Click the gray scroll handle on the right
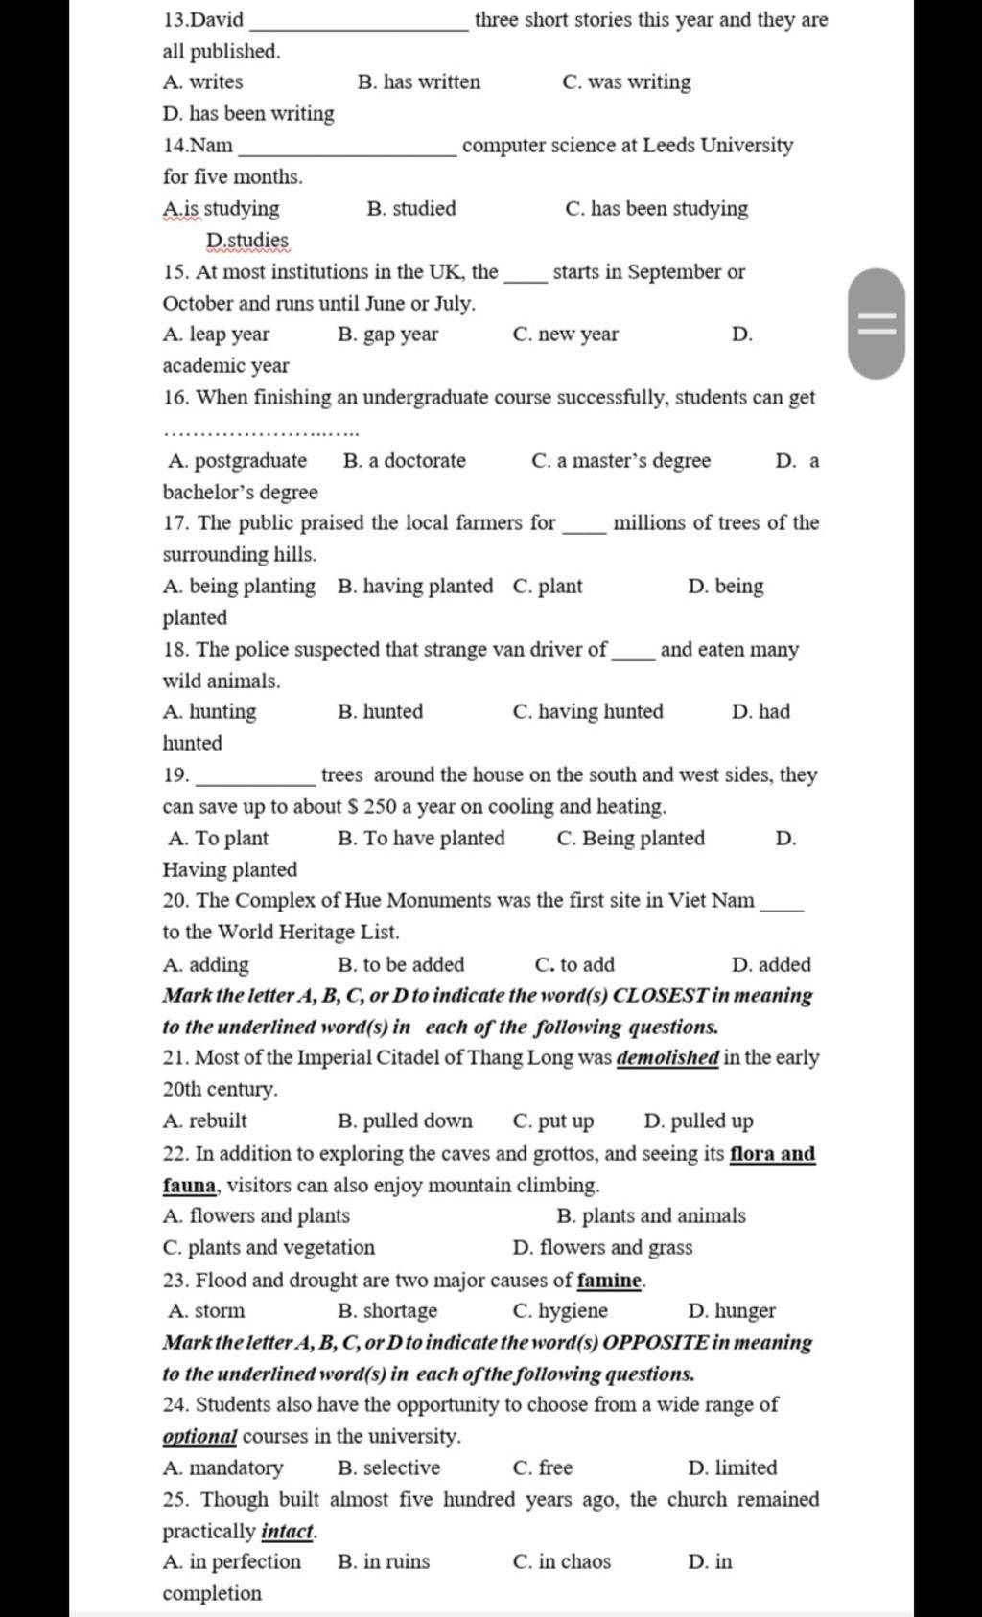(877, 324)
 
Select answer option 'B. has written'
(419, 82)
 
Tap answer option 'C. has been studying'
(657, 209)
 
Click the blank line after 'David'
(358, 25)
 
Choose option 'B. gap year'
(388, 335)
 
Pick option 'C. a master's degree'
(620, 461)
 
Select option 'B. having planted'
(415, 587)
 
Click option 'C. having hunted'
(588, 712)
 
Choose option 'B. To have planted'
(421, 839)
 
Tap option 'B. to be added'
(401, 965)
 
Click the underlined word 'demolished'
(667, 1058)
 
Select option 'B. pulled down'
(405, 1121)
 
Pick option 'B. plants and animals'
(650, 1216)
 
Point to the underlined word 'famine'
(609, 1281)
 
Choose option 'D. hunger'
(732, 1311)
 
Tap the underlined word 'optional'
(199, 1437)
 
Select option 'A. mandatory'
(223, 1468)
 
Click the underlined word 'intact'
(287, 1532)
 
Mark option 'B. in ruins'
(384, 1562)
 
